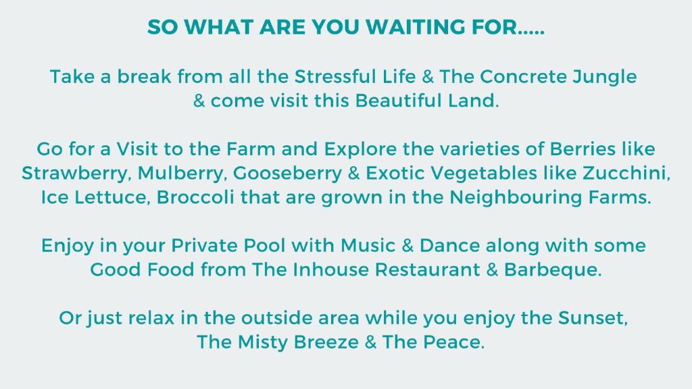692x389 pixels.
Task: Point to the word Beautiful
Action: [398, 101]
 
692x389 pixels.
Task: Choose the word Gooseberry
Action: [287, 174]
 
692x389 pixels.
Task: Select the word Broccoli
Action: [195, 197]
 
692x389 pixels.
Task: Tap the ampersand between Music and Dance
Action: [407, 246]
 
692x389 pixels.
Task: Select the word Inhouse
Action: [330, 269]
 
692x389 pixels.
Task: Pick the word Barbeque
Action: [553, 270]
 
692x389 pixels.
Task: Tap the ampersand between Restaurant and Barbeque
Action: [492, 269]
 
